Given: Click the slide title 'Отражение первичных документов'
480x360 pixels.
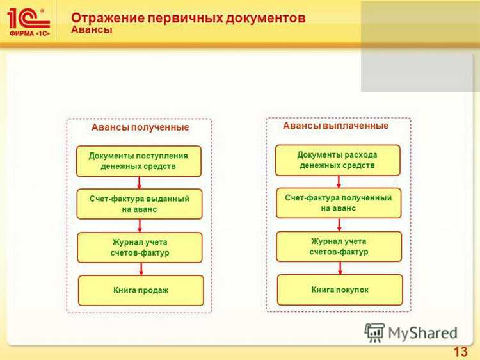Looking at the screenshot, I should click(188, 18).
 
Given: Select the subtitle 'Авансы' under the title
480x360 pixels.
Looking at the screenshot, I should click(92, 30).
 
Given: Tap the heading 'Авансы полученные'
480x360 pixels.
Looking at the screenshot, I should click(140, 127).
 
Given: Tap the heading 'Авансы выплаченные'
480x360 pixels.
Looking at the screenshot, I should click(335, 126).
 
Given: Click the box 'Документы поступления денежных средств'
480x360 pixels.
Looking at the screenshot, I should click(139, 161).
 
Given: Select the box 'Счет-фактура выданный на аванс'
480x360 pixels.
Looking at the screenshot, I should click(139, 204).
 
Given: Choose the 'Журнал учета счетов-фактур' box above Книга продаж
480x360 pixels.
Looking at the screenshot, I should click(140, 247).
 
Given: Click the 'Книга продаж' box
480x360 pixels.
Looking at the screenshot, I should click(141, 290).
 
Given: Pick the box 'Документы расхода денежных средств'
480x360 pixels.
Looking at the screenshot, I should click(337, 160).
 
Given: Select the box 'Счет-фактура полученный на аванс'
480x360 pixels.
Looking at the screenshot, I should click(338, 203).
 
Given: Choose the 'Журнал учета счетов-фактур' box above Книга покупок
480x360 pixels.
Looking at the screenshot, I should click(339, 247).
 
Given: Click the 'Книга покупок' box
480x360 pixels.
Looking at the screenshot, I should click(340, 290).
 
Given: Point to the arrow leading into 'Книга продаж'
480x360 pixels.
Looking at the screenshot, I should click(141, 269).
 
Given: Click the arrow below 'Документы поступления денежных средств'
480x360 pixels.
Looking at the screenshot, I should click(139, 183).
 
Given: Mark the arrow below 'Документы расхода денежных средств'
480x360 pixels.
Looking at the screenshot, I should click(337, 181).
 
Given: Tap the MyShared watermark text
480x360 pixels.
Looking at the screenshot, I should click(422, 332).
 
